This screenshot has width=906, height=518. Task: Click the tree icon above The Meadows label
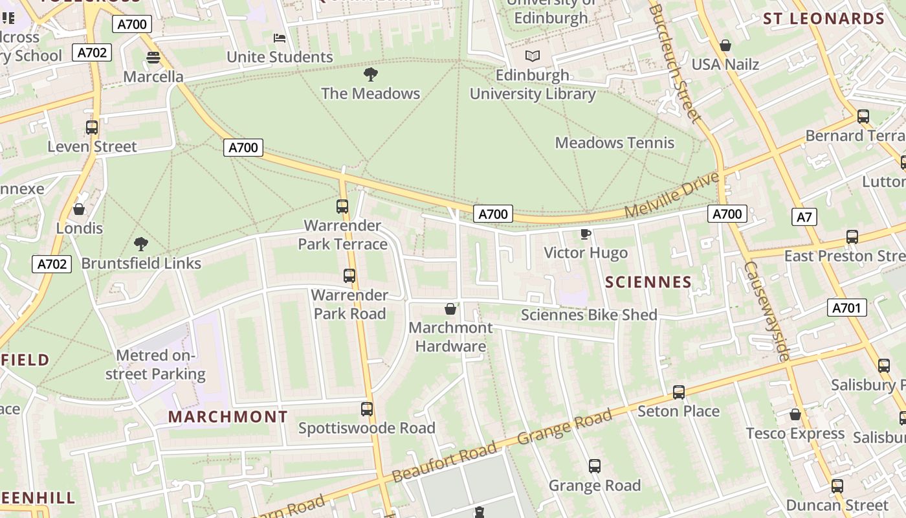click(x=371, y=74)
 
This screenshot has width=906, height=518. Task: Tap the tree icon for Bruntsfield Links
click(x=141, y=244)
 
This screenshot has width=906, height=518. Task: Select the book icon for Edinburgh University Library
click(x=532, y=56)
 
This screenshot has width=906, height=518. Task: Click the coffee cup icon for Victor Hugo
click(x=586, y=234)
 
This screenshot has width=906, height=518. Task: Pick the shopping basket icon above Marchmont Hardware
click(x=450, y=309)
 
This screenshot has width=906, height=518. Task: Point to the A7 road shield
click(x=804, y=217)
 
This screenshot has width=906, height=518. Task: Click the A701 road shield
click(x=846, y=308)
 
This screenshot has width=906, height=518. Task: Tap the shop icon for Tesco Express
click(x=795, y=414)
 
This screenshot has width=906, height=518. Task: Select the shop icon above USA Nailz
click(x=725, y=45)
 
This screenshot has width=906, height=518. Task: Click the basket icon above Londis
click(x=79, y=209)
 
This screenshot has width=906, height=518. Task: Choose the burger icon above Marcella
click(x=153, y=58)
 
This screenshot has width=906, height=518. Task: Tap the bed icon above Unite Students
click(x=280, y=38)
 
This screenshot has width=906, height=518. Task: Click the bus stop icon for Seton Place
click(x=678, y=392)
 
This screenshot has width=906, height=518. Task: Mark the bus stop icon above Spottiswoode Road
click(x=367, y=409)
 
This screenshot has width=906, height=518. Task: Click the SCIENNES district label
click(x=648, y=282)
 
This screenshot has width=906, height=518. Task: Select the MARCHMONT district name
click(x=228, y=417)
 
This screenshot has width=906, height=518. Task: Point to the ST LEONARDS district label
click(x=823, y=19)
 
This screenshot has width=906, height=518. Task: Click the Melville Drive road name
click(x=672, y=195)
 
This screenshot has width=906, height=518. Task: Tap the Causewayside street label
click(x=767, y=311)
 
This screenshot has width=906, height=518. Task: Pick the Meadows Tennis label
click(x=614, y=143)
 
